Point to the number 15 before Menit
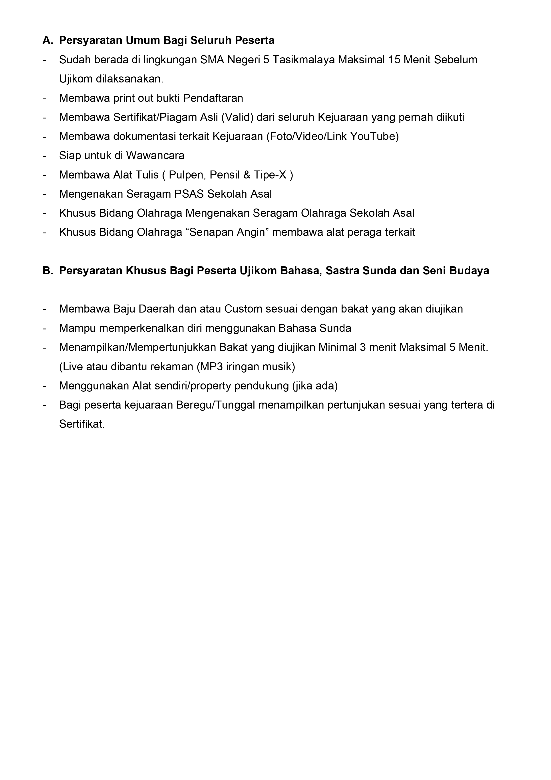click(x=394, y=60)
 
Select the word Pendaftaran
click(x=213, y=98)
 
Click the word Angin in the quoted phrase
click(x=250, y=232)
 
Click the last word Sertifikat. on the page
click(x=82, y=424)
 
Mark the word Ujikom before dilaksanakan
click(x=76, y=79)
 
